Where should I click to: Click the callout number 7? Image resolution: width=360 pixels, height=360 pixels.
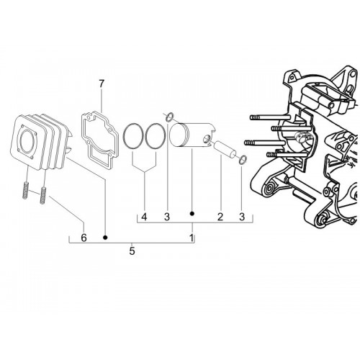pos(102,84)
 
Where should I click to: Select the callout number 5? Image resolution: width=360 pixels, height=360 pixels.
pos(132,251)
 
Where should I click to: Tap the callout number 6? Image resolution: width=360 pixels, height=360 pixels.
pos(84,238)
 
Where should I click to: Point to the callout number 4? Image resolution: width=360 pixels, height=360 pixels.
pos(144,217)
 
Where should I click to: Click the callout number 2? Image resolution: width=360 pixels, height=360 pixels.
pos(220,217)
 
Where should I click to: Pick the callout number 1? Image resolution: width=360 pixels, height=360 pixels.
pos(192,238)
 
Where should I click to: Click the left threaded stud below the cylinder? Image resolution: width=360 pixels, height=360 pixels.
pos(26,190)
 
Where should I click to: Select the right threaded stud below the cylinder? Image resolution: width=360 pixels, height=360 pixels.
pos(43,195)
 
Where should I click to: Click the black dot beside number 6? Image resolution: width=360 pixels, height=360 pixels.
pos(105,238)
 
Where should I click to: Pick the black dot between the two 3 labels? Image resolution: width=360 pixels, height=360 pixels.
pos(192,213)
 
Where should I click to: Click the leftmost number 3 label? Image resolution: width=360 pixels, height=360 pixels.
pos(167,217)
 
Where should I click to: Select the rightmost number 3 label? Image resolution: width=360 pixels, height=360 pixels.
pos(242,217)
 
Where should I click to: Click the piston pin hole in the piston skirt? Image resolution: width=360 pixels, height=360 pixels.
pos(206,139)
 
